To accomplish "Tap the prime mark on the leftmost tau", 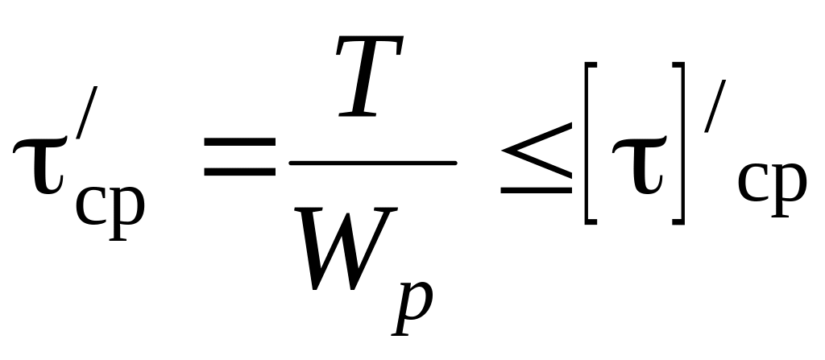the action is click(87, 112).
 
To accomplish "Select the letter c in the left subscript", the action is click(91, 205).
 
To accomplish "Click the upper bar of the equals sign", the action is click(240, 142).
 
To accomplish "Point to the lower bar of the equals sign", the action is click(240, 171).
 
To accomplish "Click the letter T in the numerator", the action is click(370, 76).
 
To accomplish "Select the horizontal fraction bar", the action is click(373, 163).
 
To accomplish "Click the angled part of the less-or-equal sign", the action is click(537, 151).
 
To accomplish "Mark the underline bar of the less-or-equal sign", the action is click(537, 191).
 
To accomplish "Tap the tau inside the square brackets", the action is click(639, 165).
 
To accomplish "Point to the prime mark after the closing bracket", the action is click(715, 106).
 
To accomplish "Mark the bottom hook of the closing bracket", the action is click(678, 222).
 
